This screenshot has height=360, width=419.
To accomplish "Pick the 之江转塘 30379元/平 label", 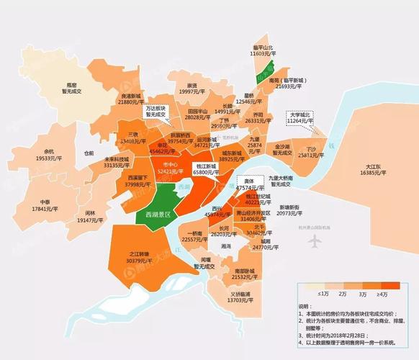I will [x=139, y=257].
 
